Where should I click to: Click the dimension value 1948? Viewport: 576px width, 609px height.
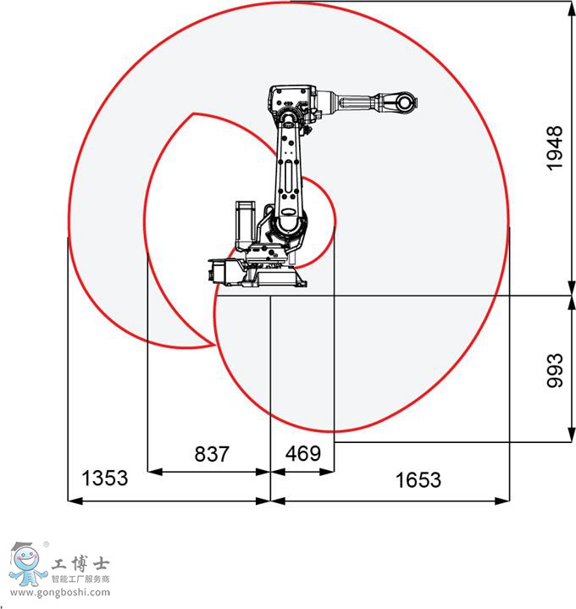tap(555, 148)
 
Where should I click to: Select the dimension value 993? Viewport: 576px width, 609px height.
tap(555, 370)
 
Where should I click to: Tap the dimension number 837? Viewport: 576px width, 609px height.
tap(212, 454)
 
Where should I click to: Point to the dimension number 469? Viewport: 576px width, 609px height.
tap(303, 453)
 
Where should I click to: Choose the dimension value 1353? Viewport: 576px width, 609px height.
tap(104, 478)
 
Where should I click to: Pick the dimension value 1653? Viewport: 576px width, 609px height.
tap(418, 479)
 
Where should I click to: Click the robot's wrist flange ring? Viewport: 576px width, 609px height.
tap(405, 103)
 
